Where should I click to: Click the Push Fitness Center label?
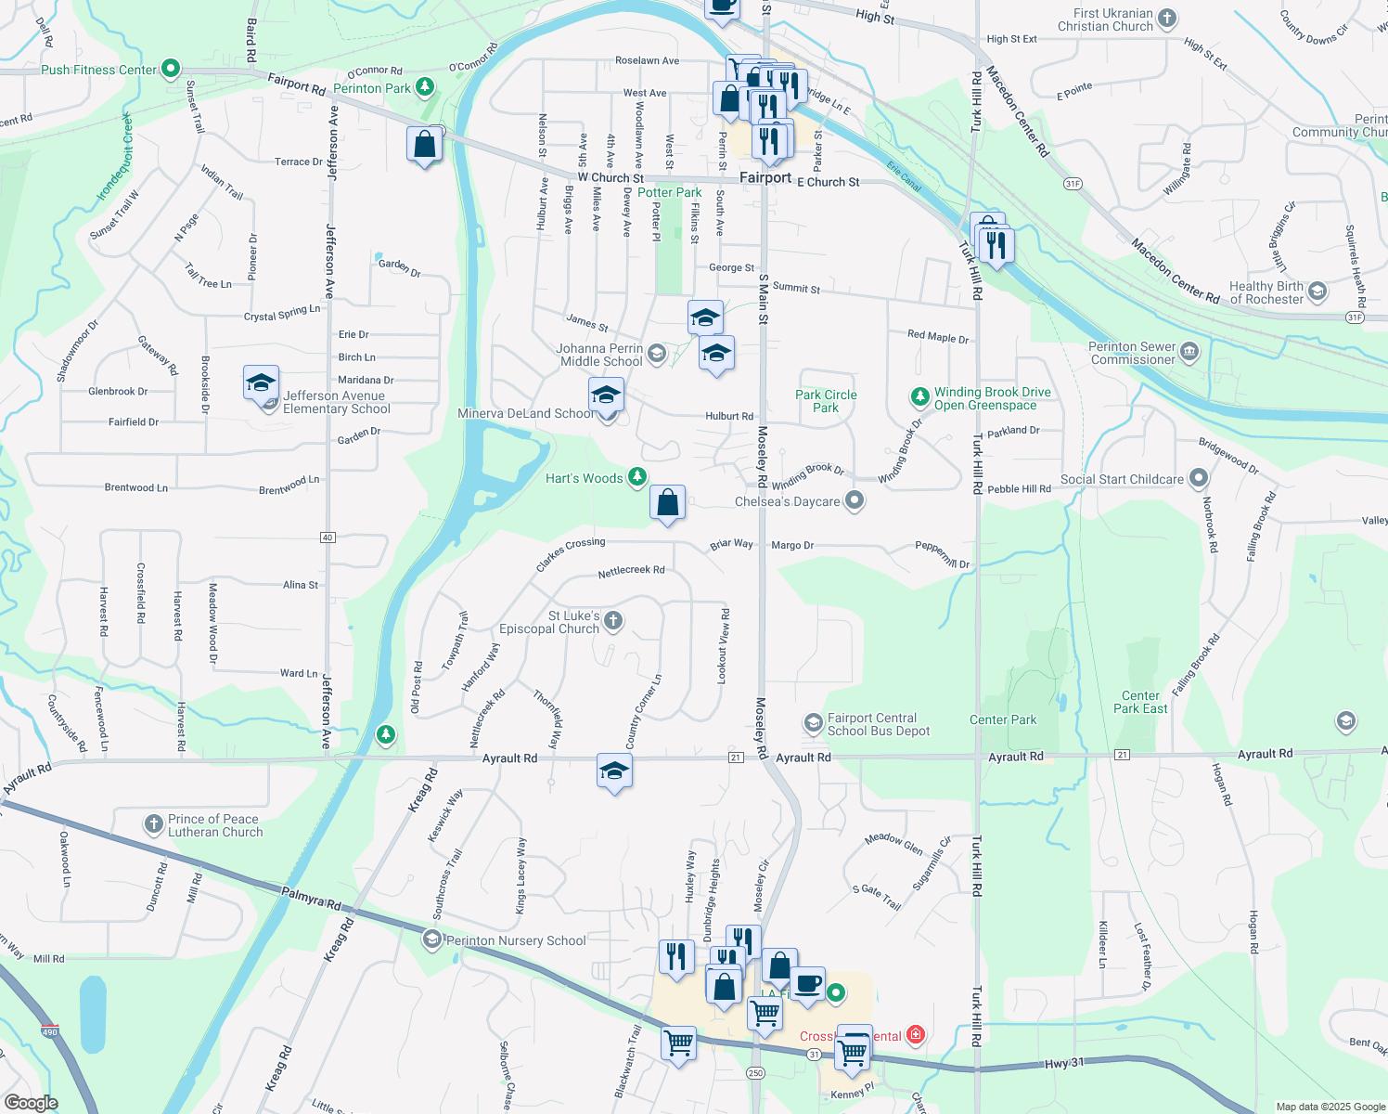[98, 70]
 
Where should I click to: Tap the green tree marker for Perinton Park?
[425, 87]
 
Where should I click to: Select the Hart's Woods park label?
[584, 478]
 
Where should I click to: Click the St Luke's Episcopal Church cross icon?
[612, 620]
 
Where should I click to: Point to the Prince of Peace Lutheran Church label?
[215, 825]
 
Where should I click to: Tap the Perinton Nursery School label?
[516, 940]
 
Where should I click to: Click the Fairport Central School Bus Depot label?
[878, 724]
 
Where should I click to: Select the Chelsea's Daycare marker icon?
[855, 501]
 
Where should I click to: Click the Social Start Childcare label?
[1122, 479]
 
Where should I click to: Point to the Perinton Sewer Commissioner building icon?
[1190, 351]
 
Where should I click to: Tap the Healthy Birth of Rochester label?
[1266, 292]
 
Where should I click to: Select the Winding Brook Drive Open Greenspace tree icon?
[919, 397]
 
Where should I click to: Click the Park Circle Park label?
[826, 401]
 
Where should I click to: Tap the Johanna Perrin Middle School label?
[600, 355]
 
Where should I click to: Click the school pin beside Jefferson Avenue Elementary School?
[261, 382]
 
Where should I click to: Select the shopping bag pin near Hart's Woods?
[667, 503]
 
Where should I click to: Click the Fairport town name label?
[765, 177]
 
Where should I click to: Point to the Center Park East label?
[1140, 702]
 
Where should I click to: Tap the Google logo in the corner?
[31, 1103]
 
